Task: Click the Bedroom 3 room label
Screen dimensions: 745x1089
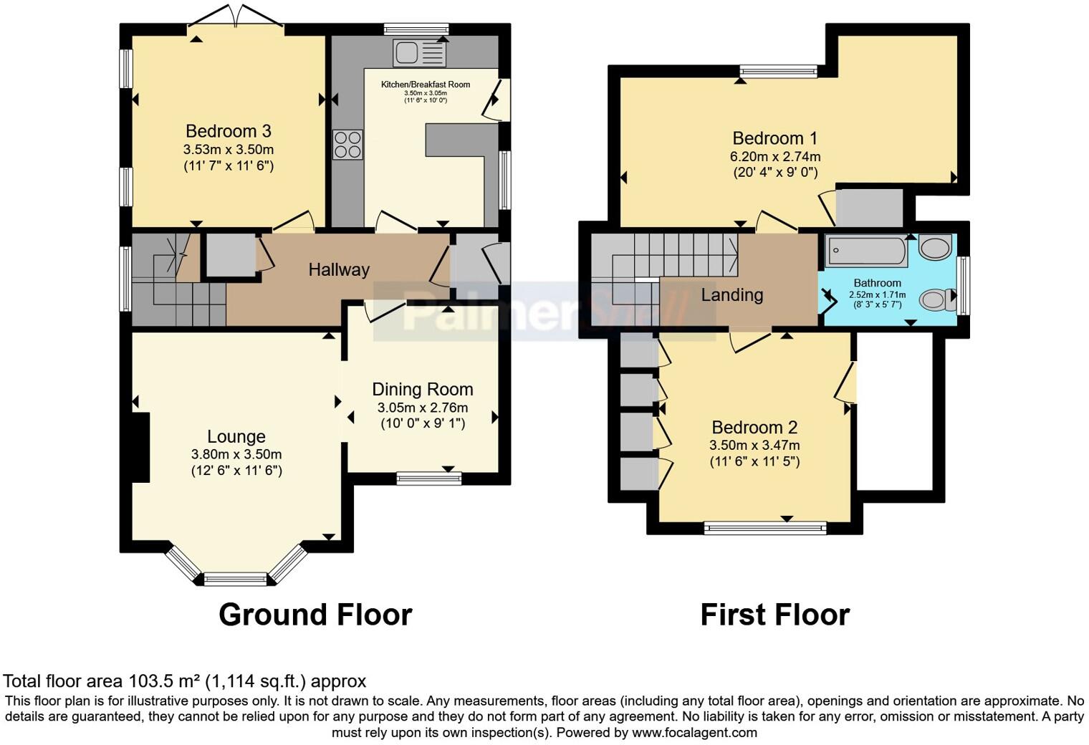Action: pyautogui.click(x=228, y=131)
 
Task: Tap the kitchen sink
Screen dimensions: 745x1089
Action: pyautogui.click(x=419, y=52)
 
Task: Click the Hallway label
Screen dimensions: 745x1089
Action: pyautogui.click(x=339, y=270)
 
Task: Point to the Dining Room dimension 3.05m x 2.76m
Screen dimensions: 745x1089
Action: pyautogui.click(x=423, y=408)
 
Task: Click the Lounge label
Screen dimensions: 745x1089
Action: pyautogui.click(x=236, y=437)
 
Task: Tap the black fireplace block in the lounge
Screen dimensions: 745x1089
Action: pyautogui.click(x=140, y=447)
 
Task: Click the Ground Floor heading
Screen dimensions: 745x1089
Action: pyautogui.click(x=315, y=615)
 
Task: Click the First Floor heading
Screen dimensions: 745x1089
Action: pyautogui.click(x=774, y=615)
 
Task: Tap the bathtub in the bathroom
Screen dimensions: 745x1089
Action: pyautogui.click(x=866, y=251)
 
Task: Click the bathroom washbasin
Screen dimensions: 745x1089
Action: pyautogui.click(x=935, y=248)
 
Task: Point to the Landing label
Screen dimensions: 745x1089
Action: pyautogui.click(x=731, y=295)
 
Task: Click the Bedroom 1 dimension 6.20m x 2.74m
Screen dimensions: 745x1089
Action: pyautogui.click(x=775, y=156)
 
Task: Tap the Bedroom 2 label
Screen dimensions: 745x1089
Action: pyautogui.click(x=754, y=428)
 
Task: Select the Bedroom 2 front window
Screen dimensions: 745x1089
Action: pyautogui.click(x=765, y=529)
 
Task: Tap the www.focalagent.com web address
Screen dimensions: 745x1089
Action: pyautogui.click(x=694, y=733)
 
